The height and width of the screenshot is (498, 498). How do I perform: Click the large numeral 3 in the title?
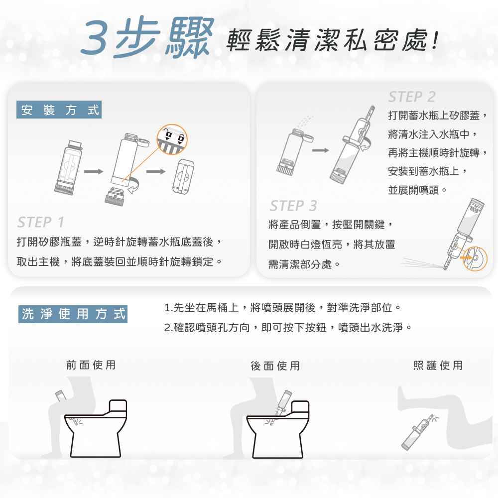point(95,38)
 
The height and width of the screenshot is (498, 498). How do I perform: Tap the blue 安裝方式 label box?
point(59,110)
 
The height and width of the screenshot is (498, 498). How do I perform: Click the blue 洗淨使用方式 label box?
point(73,314)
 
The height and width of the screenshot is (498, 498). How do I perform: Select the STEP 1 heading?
point(41,222)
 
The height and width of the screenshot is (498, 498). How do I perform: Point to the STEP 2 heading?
point(412,97)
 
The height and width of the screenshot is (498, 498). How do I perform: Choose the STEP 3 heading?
point(293,206)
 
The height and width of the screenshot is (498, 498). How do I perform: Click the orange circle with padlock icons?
point(172,139)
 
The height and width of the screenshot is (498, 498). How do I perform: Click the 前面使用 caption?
point(91,365)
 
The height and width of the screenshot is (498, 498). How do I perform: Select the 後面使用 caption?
point(275,366)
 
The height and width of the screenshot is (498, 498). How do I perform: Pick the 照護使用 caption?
point(438,365)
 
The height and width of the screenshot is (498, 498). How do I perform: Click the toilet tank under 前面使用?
point(118,407)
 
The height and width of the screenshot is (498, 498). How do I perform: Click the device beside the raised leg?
point(417,433)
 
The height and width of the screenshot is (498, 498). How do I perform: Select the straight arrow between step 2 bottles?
point(320,150)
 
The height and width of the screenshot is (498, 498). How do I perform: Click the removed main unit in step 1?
point(183,177)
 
